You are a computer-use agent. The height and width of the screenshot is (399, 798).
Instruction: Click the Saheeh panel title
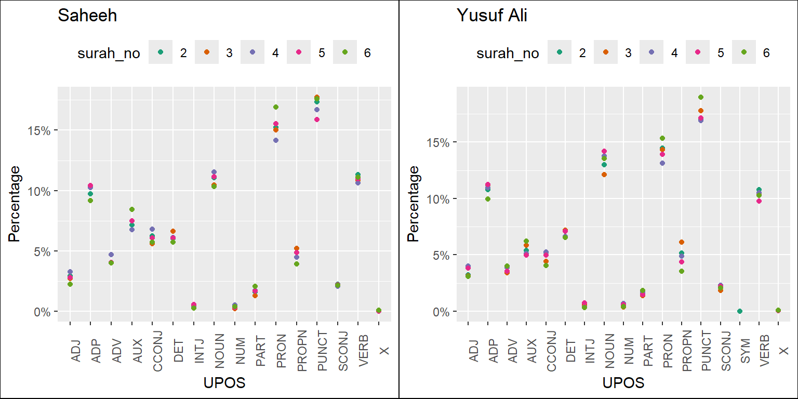[x=87, y=16]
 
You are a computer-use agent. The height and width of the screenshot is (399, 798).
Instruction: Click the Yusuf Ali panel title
[x=491, y=16]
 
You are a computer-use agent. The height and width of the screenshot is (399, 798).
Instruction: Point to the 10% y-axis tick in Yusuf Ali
[x=438, y=198]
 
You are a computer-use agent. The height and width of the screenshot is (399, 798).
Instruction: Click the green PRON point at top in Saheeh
[x=276, y=107]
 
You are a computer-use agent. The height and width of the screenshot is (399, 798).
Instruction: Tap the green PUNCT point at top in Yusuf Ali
[x=701, y=97]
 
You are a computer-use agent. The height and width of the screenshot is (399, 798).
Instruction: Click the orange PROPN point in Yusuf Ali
[x=682, y=242]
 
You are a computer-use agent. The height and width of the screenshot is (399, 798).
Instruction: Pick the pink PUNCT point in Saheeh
[x=317, y=119]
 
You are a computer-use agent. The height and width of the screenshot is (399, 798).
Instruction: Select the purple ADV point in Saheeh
[x=111, y=255]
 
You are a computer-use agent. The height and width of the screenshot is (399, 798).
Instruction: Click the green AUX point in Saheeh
[x=132, y=209]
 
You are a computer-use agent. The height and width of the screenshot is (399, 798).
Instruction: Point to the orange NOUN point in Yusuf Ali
[x=604, y=175]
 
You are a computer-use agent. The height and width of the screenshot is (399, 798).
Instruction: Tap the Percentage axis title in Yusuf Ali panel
[x=413, y=203]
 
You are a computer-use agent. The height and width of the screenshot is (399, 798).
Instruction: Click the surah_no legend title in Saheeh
[x=109, y=52]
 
